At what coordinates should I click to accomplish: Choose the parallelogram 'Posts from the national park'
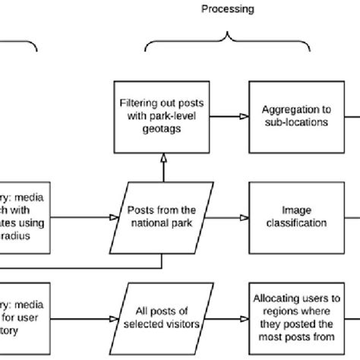(x=162, y=216)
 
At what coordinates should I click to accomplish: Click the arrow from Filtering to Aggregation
(x=225, y=116)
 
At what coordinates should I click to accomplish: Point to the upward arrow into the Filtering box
(x=162, y=167)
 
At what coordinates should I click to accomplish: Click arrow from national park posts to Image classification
(x=226, y=216)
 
